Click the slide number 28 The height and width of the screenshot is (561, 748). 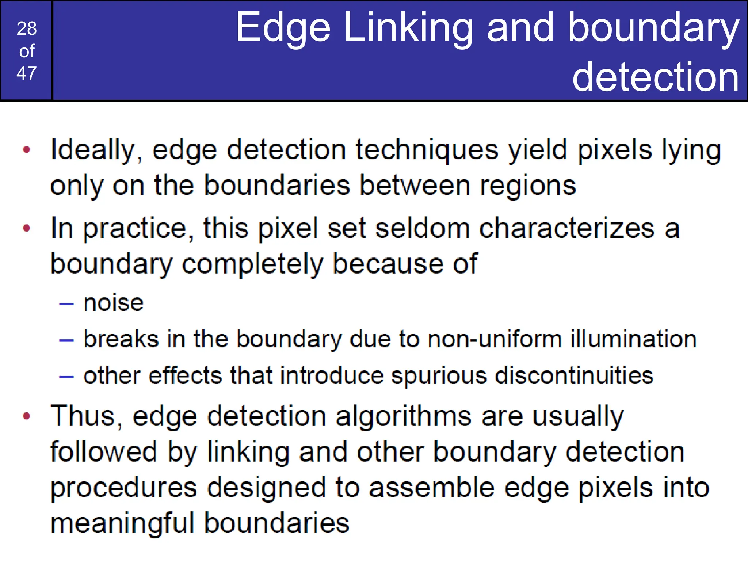tap(27, 28)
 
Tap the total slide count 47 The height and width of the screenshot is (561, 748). tap(27, 73)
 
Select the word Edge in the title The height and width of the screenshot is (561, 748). tap(283, 28)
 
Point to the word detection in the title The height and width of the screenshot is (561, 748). tap(656, 77)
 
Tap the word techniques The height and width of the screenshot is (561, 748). tap(427, 149)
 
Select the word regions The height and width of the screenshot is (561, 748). tap(528, 186)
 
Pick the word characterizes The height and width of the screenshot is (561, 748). tap(567, 228)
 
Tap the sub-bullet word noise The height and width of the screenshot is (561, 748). tap(114, 303)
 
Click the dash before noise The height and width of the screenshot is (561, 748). tap(66, 304)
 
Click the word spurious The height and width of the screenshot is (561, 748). tap(439, 376)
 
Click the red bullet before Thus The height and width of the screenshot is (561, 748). tap(26, 416)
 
